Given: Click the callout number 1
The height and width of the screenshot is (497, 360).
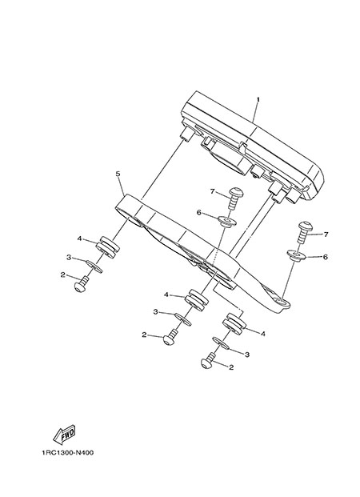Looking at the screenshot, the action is (x=258, y=99).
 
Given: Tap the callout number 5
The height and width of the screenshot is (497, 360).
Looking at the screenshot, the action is (x=118, y=174).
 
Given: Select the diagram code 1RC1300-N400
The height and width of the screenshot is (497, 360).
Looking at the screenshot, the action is (x=67, y=453).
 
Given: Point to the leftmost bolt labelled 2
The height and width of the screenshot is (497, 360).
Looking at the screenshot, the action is (x=82, y=283).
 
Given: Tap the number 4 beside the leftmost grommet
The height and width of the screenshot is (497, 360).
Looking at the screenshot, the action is (x=79, y=238).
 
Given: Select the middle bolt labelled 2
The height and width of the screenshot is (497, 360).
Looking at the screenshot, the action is (x=170, y=338).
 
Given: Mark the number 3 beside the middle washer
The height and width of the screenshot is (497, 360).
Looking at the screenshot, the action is (x=155, y=312).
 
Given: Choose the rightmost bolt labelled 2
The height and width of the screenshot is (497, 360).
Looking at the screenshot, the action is (x=209, y=361).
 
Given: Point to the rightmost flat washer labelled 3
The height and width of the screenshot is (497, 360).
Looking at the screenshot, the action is (x=220, y=343).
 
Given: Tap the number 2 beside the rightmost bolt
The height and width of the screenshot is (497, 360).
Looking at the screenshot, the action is (x=231, y=367).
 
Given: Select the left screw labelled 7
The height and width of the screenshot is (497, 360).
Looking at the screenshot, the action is (x=234, y=198).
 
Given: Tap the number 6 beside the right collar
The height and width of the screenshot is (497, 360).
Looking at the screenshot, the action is (x=325, y=257).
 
